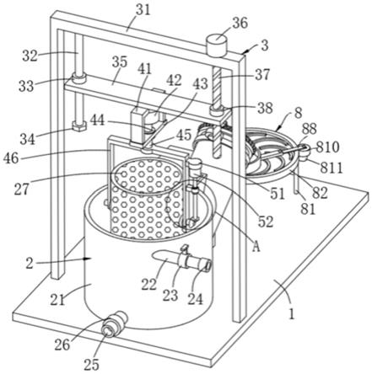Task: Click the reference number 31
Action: coord(143,11)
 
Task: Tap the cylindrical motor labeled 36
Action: coord(217,45)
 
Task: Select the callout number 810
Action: coord(327,147)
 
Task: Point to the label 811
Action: coord(332,168)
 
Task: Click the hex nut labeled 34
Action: coord(79,126)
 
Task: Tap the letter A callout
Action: coord(256,247)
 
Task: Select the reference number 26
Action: coord(62,345)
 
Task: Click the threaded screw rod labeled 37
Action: coord(218,88)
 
